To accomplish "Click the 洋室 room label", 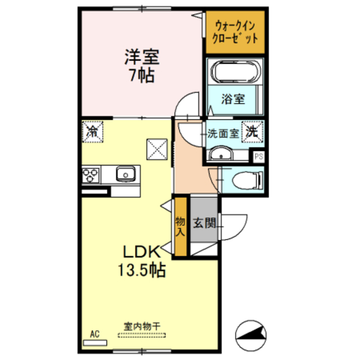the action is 142,57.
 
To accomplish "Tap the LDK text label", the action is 141,252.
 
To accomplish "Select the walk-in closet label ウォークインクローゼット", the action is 235,32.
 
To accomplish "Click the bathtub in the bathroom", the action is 236,71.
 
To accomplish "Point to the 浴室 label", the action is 233,100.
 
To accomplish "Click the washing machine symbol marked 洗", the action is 253,132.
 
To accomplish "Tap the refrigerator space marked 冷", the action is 92,132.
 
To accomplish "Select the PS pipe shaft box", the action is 259,157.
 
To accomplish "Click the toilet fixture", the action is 247,180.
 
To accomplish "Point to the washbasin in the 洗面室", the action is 221,154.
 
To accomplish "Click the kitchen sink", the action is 125,174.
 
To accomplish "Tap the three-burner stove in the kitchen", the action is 91,175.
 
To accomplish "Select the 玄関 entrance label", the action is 204,223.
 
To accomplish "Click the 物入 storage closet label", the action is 180,227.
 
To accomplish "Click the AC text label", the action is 94,334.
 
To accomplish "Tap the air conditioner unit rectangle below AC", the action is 95,343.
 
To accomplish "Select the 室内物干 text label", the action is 142,326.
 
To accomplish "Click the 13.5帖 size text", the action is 142,270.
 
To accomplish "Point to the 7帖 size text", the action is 142,75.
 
